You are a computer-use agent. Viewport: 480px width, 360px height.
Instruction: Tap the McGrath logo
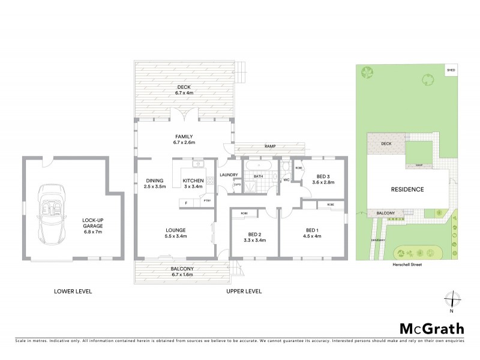coord(431,328)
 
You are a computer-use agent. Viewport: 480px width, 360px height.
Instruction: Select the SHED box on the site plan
coord(451,71)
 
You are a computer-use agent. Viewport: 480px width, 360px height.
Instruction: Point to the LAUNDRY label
coord(229,175)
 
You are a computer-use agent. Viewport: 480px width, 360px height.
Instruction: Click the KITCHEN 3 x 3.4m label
coord(193,184)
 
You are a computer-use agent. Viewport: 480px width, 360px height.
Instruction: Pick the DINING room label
coord(155,184)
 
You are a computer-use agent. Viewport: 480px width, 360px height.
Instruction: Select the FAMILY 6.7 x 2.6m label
coord(184,140)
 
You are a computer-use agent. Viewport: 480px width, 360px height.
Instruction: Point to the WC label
coord(286,179)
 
